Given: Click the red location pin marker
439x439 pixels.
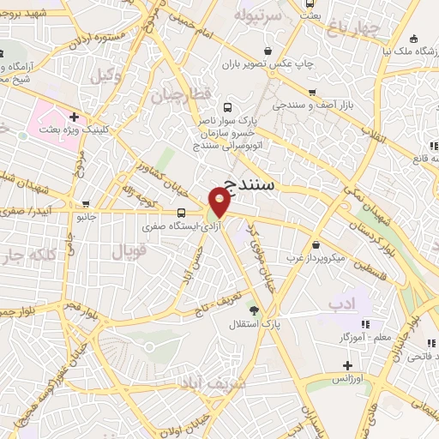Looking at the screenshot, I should point(220,202).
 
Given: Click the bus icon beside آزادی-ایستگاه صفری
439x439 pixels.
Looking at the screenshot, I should point(180,213).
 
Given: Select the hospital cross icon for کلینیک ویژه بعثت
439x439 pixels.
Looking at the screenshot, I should point(75,117).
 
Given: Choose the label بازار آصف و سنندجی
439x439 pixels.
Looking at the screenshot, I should point(304,105).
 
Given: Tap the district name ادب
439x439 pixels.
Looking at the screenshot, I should point(340,304).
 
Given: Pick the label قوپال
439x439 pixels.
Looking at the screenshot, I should point(129,251).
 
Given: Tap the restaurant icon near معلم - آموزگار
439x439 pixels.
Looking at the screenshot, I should point(364,324).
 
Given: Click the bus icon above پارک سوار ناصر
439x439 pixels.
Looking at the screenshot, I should point(228,108).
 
